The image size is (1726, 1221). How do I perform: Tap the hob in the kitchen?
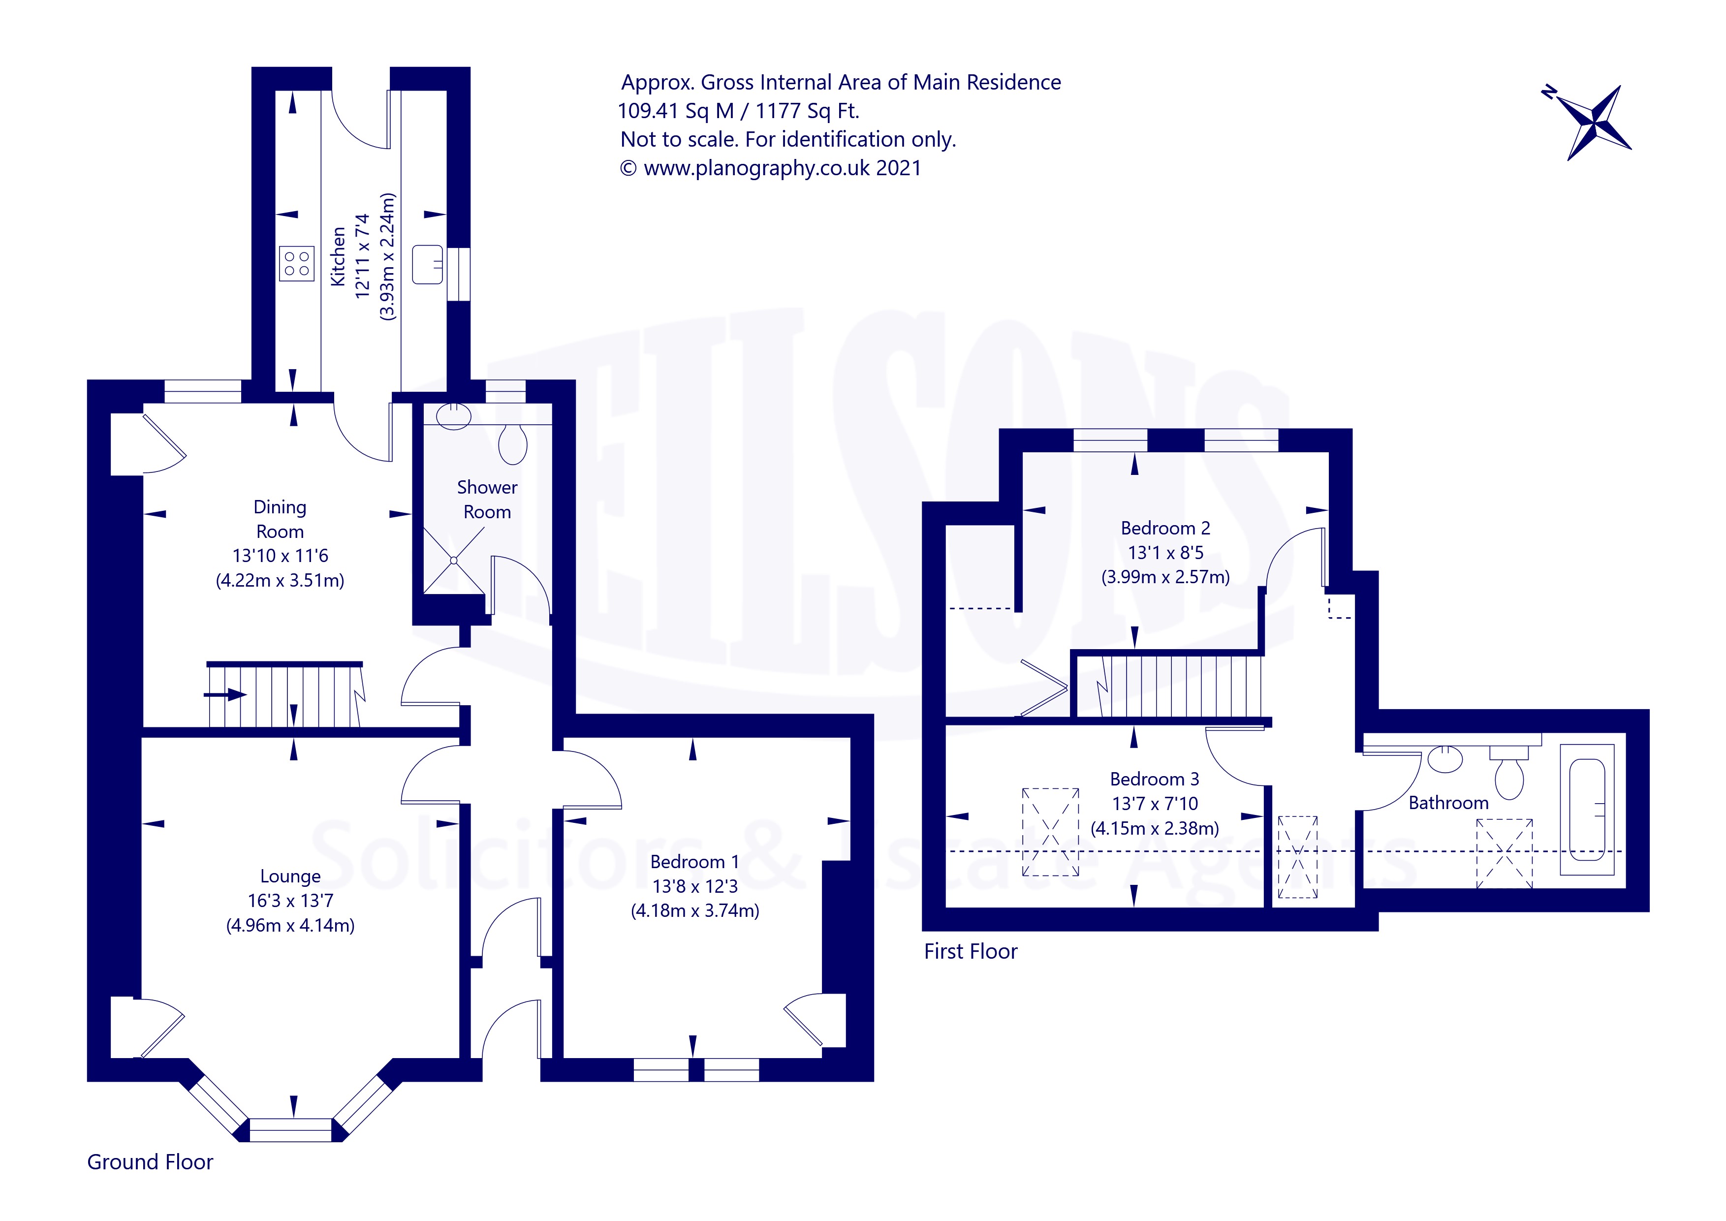pyautogui.click(x=296, y=263)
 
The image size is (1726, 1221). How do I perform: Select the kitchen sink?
pyautogui.click(x=427, y=264)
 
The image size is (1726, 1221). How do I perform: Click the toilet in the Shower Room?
pyautogui.click(x=513, y=443)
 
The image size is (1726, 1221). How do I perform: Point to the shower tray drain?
pyautogui.click(x=454, y=560)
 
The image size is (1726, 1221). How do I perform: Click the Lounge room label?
pyautogui.click(x=290, y=876)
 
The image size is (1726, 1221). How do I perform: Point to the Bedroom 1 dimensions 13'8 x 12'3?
pyautogui.click(x=694, y=886)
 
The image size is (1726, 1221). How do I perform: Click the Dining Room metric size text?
pyautogui.click(x=280, y=580)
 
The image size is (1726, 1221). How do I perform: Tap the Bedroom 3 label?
pyautogui.click(x=1154, y=779)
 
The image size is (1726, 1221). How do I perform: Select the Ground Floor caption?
pyautogui.click(x=150, y=1161)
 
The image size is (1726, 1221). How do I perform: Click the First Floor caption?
pyautogui.click(x=971, y=951)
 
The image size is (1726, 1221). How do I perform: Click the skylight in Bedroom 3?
pyautogui.click(x=1050, y=832)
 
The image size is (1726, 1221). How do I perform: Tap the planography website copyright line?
pyautogui.click(x=771, y=168)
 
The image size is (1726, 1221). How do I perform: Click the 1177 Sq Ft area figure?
pyautogui.click(x=807, y=111)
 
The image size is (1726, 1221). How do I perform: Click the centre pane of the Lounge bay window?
pyautogui.click(x=290, y=1129)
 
